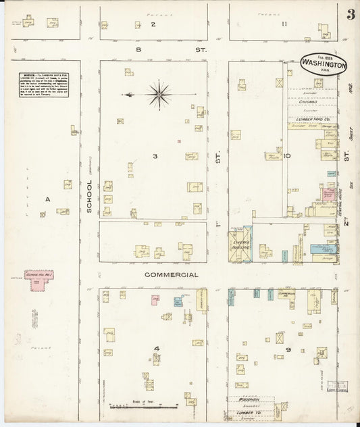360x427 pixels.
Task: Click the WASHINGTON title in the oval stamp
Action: pos(324,66)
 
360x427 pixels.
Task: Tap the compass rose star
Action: pos(158,94)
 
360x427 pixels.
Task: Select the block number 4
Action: pos(156,349)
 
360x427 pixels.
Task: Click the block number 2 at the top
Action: pos(153,24)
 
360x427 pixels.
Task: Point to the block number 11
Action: pos(285,24)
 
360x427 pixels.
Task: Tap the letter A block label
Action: pos(47,199)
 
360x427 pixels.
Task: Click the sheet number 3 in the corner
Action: pos(350,16)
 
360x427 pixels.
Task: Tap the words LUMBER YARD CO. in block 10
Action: pos(313,120)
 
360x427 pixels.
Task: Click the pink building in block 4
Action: pos(155,299)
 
